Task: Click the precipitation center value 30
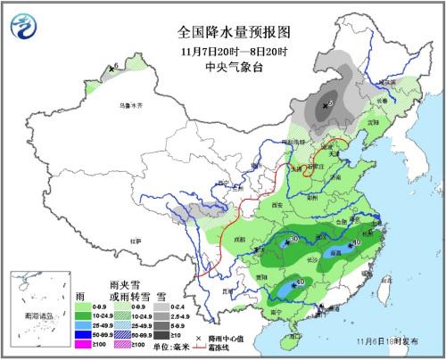pos(294,240)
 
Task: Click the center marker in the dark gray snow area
pos(329,105)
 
